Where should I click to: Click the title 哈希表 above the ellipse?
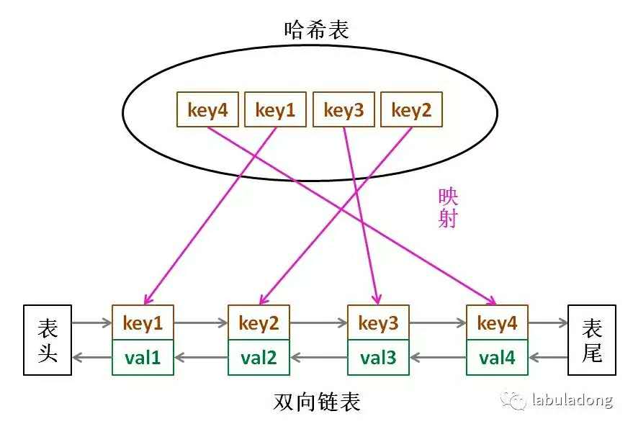pyautogui.click(x=317, y=30)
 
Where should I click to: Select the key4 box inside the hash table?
pyautogui.click(x=207, y=110)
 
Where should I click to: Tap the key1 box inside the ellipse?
pyautogui.click(x=275, y=110)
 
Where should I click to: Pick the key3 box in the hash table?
pyautogui.click(x=344, y=110)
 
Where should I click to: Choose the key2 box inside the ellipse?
pyautogui.click(x=410, y=110)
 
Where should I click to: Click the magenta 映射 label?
pyautogui.click(x=448, y=208)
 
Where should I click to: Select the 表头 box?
pyautogui.click(x=48, y=340)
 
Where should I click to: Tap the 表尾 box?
pyautogui.click(x=592, y=340)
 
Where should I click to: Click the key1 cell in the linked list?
pyautogui.click(x=143, y=323)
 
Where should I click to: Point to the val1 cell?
pyautogui.click(x=143, y=357)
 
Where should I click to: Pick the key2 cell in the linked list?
pyautogui.click(x=259, y=323)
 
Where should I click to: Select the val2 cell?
pyautogui.click(x=259, y=357)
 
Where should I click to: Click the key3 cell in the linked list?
pyautogui.click(x=378, y=323)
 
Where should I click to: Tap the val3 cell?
pyautogui.click(x=378, y=357)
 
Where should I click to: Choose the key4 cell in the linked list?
pyautogui.click(x=497, y=323)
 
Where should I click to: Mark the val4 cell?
pyautogui.click(x=497, y=357)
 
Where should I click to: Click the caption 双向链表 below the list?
pyautogui.click(x=317, y=401)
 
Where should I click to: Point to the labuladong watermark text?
pyautogui.click(x=572, y=400)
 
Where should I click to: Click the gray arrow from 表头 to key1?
pyautogui.click(x=91, y=323)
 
